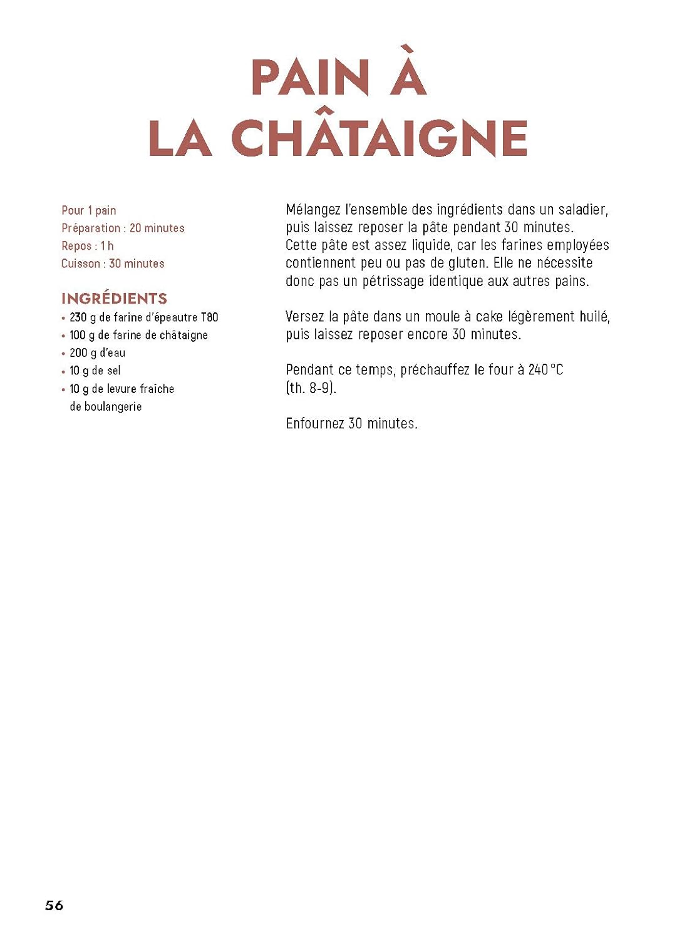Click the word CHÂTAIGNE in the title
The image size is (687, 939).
coord(379,138)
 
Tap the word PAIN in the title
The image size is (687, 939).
coord(310,78)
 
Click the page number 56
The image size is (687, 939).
coord(54,905)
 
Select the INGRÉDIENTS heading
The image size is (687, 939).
coord(115,299)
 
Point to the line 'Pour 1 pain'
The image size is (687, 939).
coord(89,210)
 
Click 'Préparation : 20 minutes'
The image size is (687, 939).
coord(123,228)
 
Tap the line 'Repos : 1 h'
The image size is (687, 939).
coord(88,246)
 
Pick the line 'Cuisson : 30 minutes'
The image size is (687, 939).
coord(113,264)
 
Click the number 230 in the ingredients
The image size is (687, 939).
coord(78,317)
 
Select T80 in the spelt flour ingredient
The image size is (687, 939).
coord(209,317)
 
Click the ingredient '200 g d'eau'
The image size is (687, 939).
coord(98,353)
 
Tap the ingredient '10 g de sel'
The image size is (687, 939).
coord(95,371)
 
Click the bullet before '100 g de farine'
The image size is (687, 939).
coord(63,336)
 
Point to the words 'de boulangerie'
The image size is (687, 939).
coord(106,407)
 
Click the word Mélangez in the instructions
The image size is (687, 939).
coord(313,210)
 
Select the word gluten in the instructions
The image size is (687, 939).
coord(467,263)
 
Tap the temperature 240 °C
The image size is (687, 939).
coord(545,370)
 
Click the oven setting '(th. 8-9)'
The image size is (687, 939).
coord(311,388)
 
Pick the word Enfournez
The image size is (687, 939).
coord(315,424)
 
